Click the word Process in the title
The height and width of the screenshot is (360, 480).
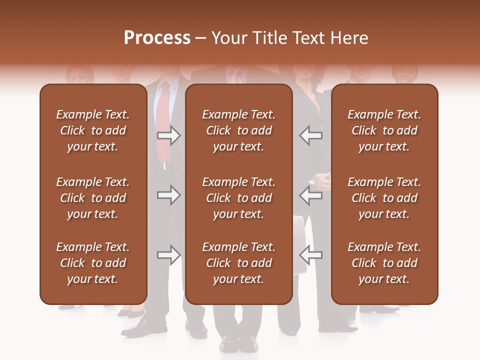click(x=157, y=38)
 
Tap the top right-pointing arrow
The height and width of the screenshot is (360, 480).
click(x=168, y=135)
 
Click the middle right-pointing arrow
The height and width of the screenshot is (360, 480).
click(x=168, y=195)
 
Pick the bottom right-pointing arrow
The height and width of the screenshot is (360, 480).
click(x=168, y=255)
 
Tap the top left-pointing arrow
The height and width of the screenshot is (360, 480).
click(x=311, y=135)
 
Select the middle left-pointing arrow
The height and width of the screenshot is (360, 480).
click(x=311, y=195)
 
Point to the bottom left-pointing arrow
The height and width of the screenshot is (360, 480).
click(x=311, y=255)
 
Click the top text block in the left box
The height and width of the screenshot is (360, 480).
click(x=93, y=130)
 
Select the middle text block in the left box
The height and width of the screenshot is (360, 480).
click(x=93, y=198)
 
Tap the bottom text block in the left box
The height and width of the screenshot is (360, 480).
click(x=93, y=263)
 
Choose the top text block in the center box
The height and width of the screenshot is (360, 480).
click(x=238, y=130)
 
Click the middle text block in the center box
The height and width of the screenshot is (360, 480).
click(x=238, y=198)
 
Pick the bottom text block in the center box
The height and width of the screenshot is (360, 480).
click(x=238, y=263)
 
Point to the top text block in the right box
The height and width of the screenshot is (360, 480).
click(x=384, y=130)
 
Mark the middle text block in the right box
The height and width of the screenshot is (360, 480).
click(x=384, y=198)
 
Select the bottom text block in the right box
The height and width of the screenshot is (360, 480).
click(x=384, y=263)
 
